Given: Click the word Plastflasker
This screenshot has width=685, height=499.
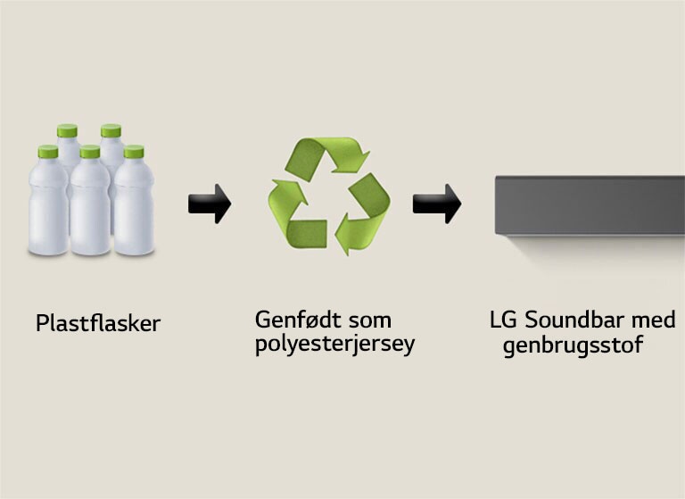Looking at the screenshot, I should click(x=98, y=323).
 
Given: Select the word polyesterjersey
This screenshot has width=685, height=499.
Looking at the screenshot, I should click(x=334, y=345).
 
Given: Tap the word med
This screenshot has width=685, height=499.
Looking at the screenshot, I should click(x=657, y=320).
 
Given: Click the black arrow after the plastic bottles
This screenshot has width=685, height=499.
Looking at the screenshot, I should click(x=210, y=204).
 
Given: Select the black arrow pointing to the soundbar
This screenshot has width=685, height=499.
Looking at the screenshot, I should click(x=436, y=204).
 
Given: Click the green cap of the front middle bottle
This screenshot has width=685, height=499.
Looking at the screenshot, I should click(x=89, y=152).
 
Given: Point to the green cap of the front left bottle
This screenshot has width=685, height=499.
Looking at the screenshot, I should click(x=47, y=153).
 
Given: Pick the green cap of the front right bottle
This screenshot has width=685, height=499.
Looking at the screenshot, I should click(x=134, y=152).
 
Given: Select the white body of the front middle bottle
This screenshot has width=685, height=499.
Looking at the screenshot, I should click(x=90, y=210).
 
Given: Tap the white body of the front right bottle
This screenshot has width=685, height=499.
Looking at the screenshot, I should click(x=135, y=210).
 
